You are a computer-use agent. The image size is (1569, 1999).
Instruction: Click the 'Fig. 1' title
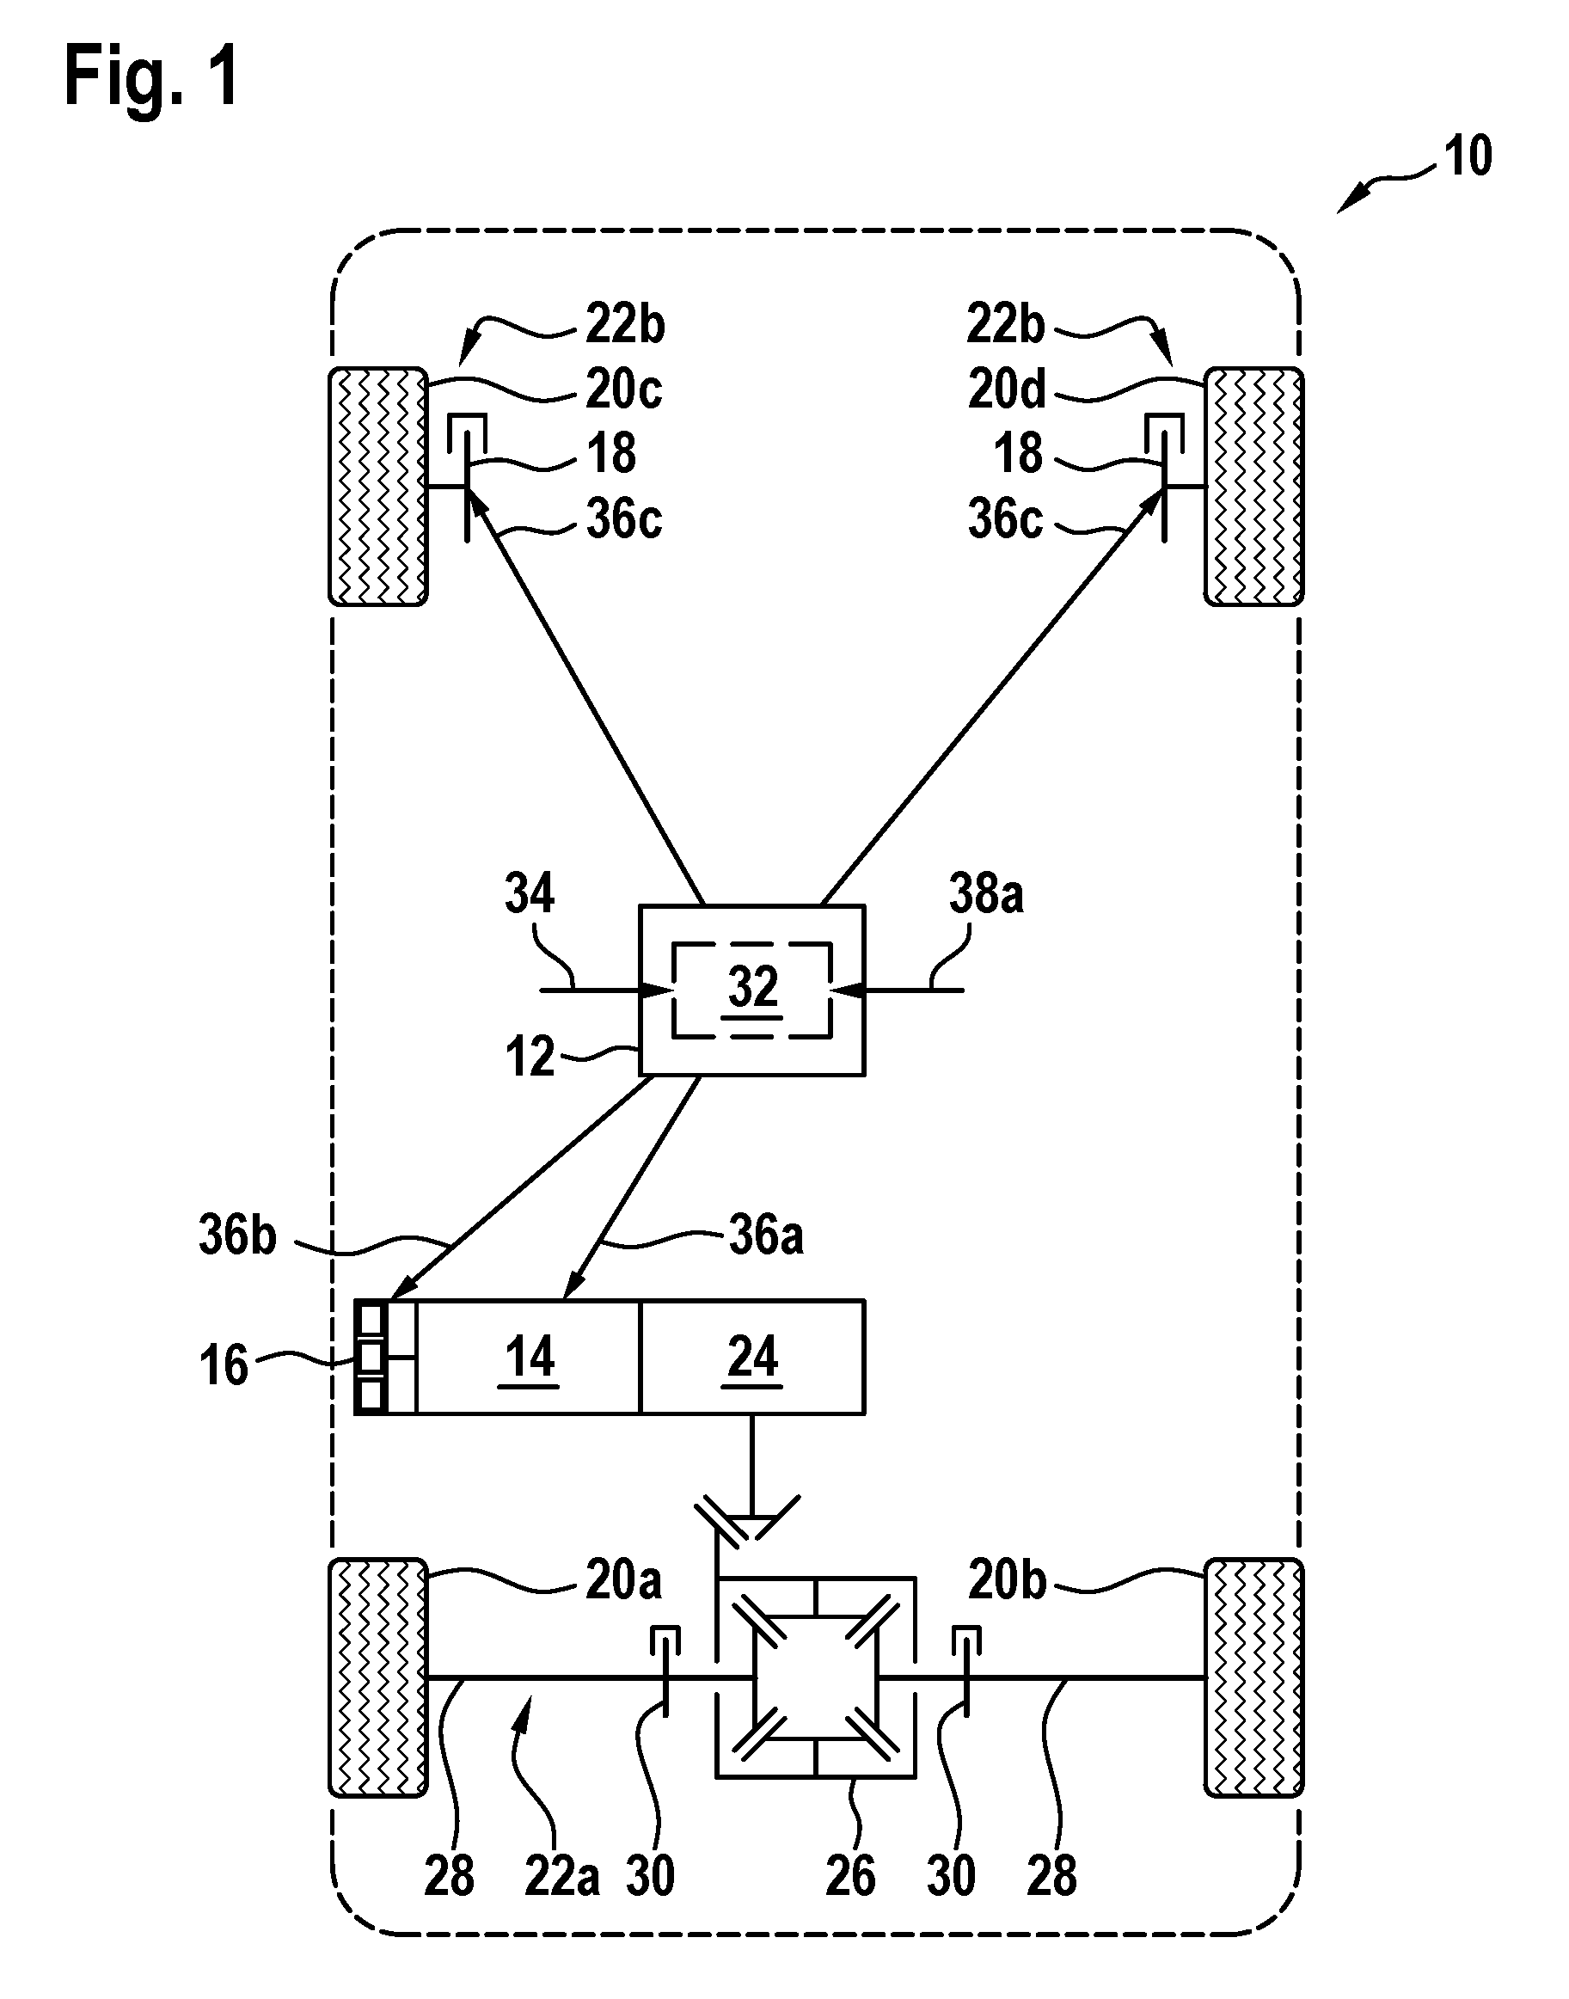[x=151, y=77]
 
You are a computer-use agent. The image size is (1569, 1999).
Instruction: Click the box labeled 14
[x=527, y=1357]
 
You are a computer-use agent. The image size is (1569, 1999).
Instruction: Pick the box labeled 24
[x=752, y=1357]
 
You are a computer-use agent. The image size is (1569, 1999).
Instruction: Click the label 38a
[x=986, y=893]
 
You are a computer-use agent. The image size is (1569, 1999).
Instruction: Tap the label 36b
[x=237, y=1236]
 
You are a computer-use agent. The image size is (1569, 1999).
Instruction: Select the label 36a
[x=766, y=1236]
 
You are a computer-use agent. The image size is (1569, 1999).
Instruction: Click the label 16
[x=224, y=1365]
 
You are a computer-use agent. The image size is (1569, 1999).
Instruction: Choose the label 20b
[x=1007, y=1580]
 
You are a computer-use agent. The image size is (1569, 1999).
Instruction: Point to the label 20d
[x=1007, y=389]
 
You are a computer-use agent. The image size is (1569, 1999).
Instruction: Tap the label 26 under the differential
[x=849, y=1875]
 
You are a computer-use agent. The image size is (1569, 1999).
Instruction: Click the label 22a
[x=562, y=1875]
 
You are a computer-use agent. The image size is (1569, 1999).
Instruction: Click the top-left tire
[x=378, y=487]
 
